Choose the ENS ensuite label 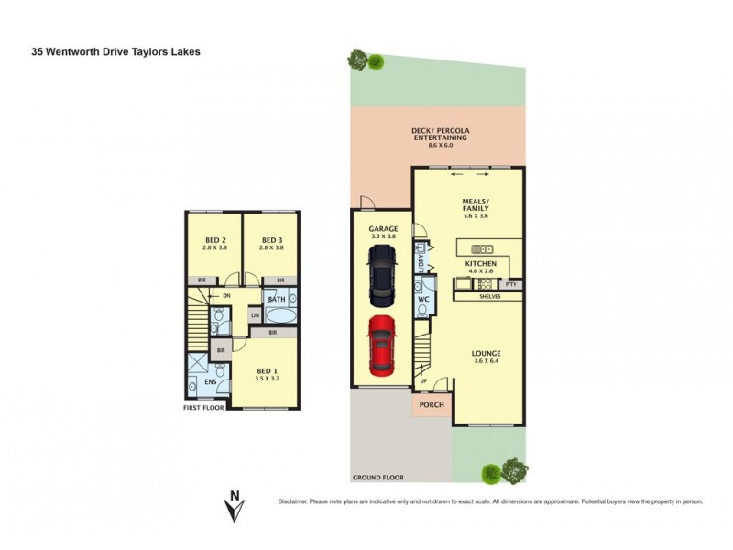pos(210,382)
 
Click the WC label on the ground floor pos(423,299)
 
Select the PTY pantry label pos(511,285)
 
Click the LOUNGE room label pos(487,353)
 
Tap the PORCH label pos(432,403)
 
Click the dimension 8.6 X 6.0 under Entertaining pos(440,146)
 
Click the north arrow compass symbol pos(235,504)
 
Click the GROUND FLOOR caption pos(379,478)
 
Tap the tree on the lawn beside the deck pos(358,60)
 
